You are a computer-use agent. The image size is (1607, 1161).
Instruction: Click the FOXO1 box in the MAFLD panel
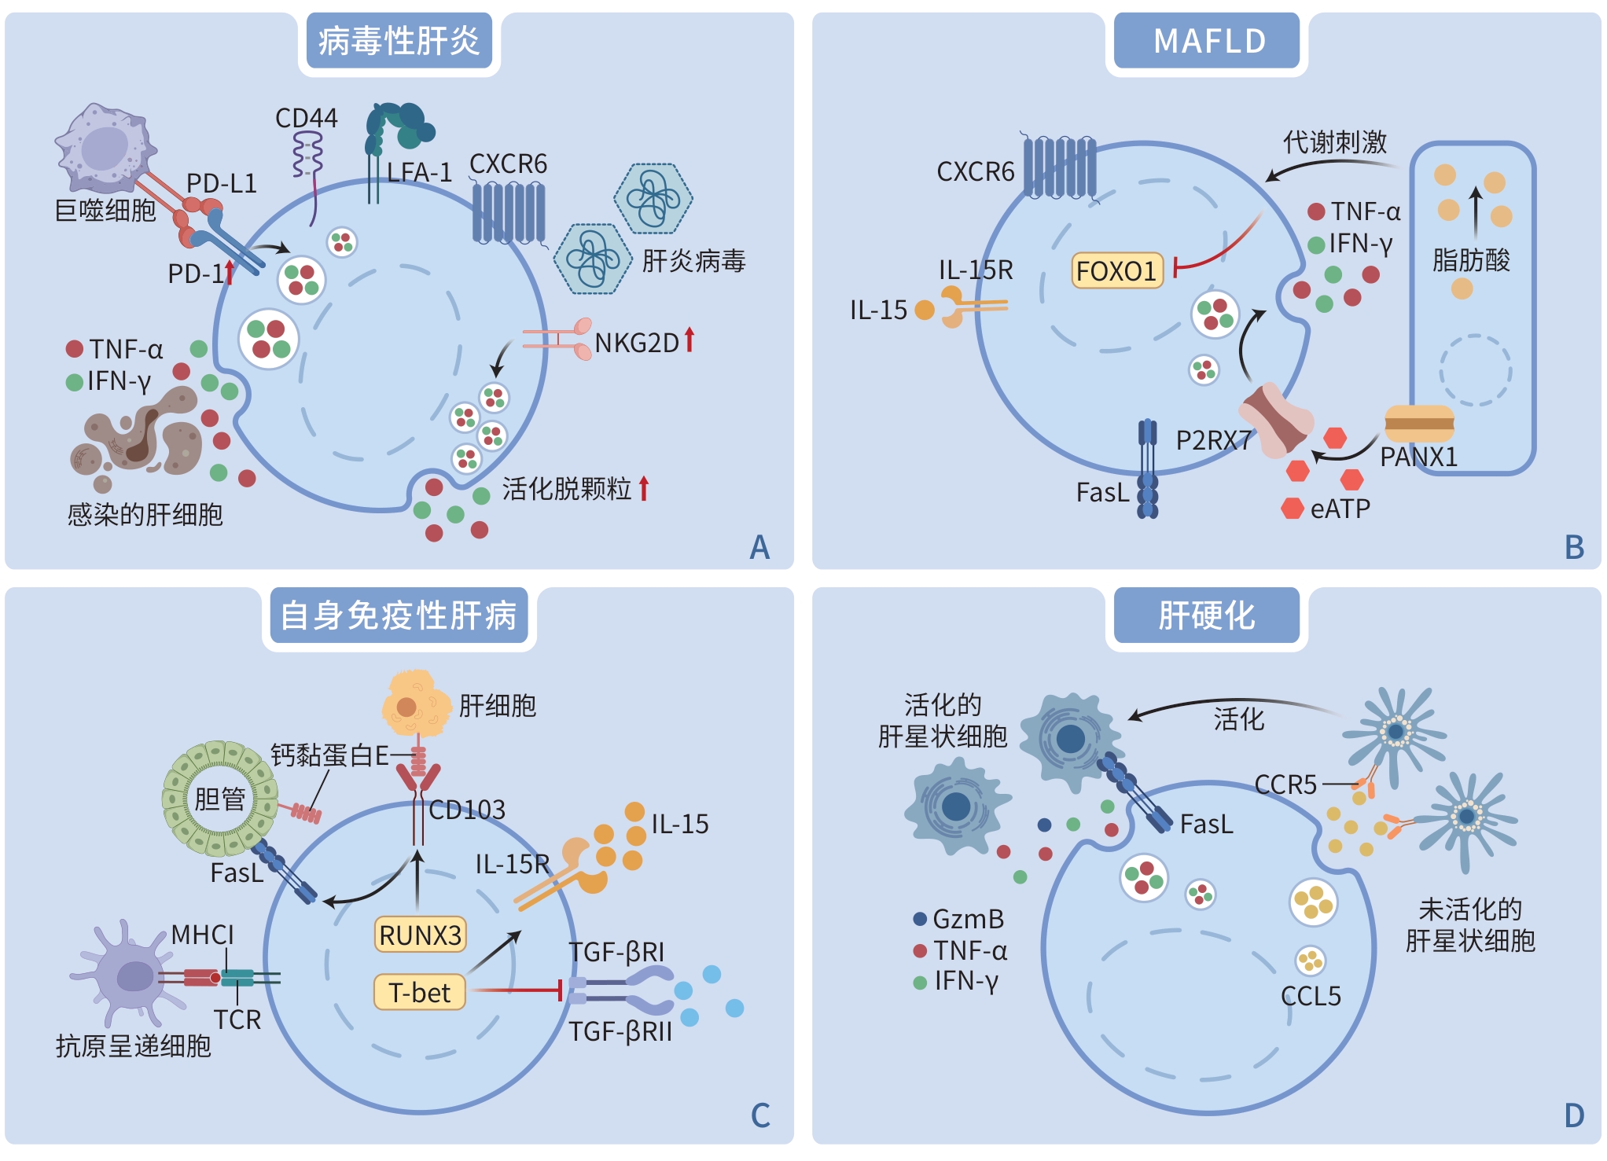point(1116,271)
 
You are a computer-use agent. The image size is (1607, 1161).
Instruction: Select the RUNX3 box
point(420,935)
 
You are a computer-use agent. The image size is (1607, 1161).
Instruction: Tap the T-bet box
point(420,992)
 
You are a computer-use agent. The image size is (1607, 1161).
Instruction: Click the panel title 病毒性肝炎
point(399,41)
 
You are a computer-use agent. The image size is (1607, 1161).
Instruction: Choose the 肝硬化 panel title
point(1206,615)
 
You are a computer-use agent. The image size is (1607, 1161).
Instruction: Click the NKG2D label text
point(636,343)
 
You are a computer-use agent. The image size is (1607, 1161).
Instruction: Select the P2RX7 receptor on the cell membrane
point(1275,420)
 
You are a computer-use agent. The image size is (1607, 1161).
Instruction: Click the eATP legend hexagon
point(1293,509)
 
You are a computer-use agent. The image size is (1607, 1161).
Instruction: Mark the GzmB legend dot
point(920,918)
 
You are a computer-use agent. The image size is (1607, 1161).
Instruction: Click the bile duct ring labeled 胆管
point(220,799)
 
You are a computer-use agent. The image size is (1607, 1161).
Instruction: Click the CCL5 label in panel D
point(1311,996)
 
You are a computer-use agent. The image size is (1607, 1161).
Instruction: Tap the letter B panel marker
point(1574,548)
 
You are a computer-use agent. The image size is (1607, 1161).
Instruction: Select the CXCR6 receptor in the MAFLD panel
point(1060,167)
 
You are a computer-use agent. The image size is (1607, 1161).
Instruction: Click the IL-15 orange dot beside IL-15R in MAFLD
point(925,310)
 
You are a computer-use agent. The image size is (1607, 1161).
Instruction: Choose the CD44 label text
point(306,118)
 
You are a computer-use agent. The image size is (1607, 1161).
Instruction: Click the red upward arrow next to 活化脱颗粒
point(644,488)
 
